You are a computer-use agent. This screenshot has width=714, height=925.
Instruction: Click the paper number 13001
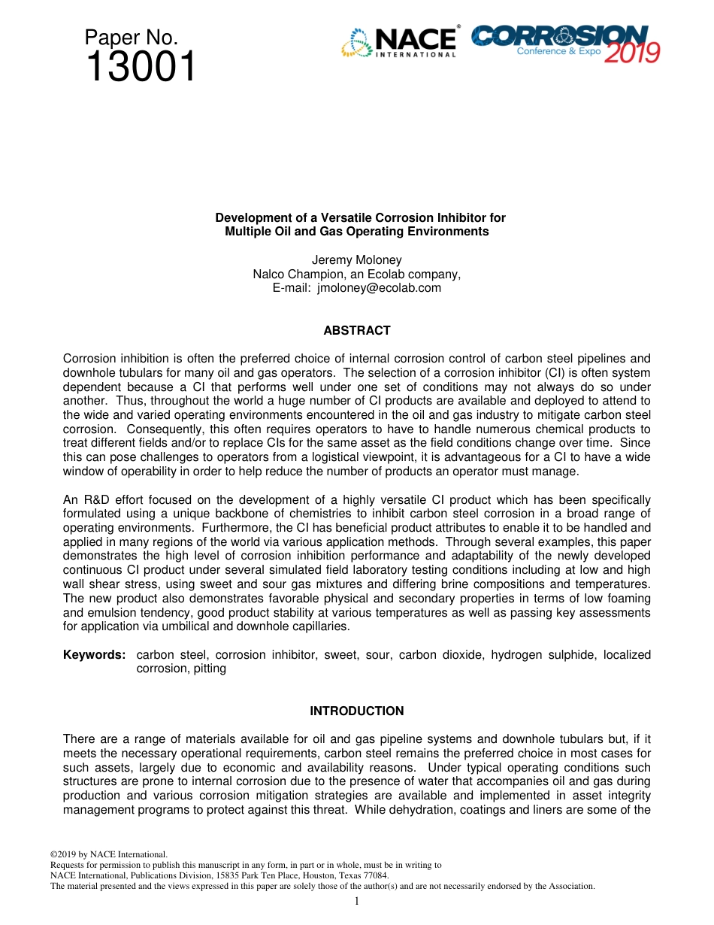pos(141,68)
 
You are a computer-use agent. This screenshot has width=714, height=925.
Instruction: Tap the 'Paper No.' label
pos(132,38)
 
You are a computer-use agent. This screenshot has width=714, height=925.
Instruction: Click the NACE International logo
pos(399,43)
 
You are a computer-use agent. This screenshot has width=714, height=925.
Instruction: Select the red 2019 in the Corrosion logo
pos(632,53)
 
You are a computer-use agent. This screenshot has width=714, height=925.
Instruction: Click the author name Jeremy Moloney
pos(357,260)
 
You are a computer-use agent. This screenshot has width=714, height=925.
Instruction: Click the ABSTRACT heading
pos(357,330)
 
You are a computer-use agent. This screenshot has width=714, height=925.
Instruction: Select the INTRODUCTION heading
pos(357,711)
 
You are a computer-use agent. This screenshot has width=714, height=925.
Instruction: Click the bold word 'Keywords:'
pos(94,655)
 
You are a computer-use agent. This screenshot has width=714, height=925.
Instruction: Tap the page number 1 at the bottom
pos(357,901)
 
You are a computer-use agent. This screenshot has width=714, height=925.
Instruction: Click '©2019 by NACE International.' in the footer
pos(108,854)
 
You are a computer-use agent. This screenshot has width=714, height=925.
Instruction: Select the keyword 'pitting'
pos(209,669)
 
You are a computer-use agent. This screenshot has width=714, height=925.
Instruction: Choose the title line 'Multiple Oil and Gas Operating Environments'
pos(357,232)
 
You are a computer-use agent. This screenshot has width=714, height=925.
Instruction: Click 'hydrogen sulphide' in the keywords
pos(537,655)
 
